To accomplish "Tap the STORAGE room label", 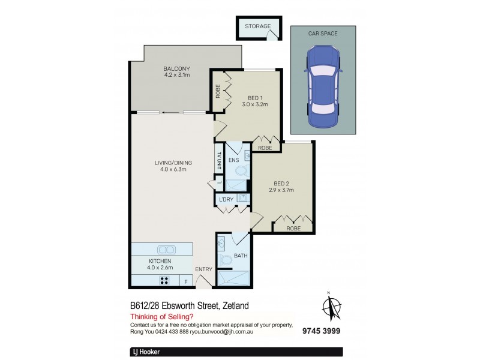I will click(258, 26).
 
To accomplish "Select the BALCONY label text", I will click(176, 68).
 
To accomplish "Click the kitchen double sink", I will click(166, 250).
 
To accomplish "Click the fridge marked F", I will click(185, 281).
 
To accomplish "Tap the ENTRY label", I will click(203, 269).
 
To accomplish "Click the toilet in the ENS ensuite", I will click(241, 171).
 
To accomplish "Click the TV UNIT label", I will click(219, 163).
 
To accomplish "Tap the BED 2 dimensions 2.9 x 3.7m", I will click(281, 191).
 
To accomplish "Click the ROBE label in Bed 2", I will click(293, 227).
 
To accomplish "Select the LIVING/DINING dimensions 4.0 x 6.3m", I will click(174, 169).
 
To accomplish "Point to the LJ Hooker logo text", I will click(145, 352).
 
